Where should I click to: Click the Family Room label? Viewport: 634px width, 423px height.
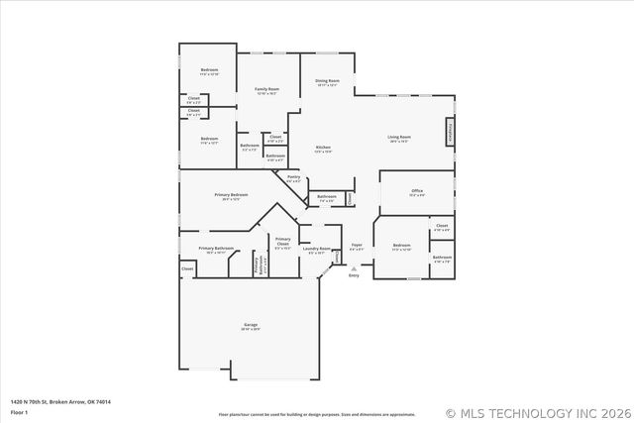(266, 89)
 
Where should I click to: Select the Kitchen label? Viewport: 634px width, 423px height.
(323, 148)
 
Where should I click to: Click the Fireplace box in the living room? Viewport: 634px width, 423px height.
(451, 133)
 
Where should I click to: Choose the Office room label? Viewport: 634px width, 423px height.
(416, 191)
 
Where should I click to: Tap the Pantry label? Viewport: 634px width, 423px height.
(294, 179)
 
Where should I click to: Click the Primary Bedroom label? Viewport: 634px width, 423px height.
(231, 195)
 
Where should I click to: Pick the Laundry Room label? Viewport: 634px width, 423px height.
(317, 250)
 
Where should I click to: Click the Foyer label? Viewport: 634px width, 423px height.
(357, 247)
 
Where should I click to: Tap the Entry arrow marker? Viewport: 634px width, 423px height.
(354, 268)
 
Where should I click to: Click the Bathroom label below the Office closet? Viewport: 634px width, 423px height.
(442, 258)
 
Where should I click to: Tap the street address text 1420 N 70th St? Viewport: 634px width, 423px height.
(60, 401)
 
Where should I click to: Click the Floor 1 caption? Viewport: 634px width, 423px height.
(20, 411)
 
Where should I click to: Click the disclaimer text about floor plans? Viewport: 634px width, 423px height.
(316, 413)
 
